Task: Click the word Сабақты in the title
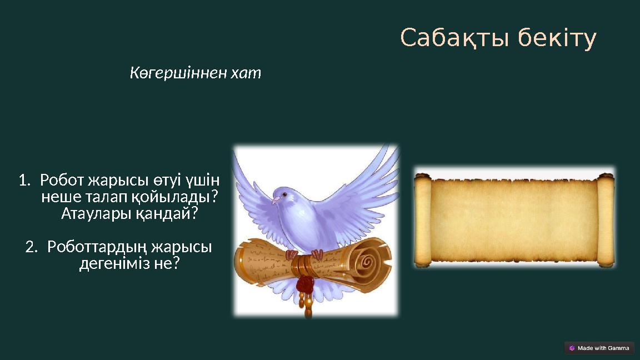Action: [x=455, y=39]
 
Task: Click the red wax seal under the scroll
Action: [x=304, y=285]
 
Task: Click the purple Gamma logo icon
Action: [x=572, y=348]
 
